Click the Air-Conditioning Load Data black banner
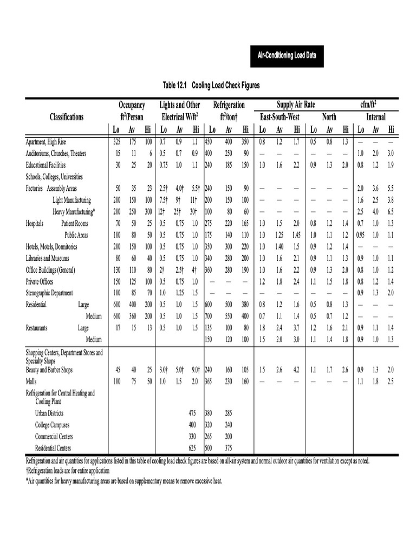287,55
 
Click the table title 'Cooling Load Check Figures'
211,85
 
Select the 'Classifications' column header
67,117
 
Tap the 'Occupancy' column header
132,105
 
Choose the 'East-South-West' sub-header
279,117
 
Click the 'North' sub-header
329,117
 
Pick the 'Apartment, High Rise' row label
51,142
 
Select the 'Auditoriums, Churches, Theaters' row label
56,153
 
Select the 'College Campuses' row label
52,425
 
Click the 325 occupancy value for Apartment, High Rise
116,142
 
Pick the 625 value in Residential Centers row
192,448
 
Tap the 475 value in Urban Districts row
192,413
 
